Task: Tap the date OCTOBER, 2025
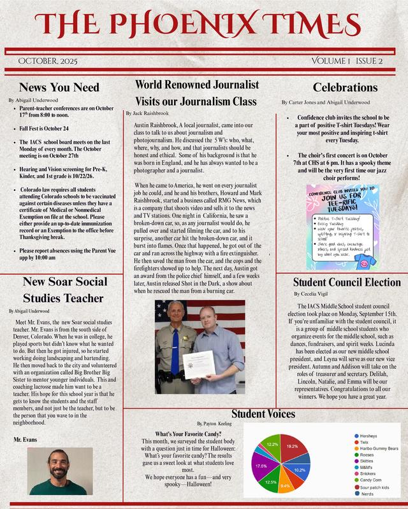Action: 48,61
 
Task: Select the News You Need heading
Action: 59,87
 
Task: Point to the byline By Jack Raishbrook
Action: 151,113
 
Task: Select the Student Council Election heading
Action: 347,282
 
